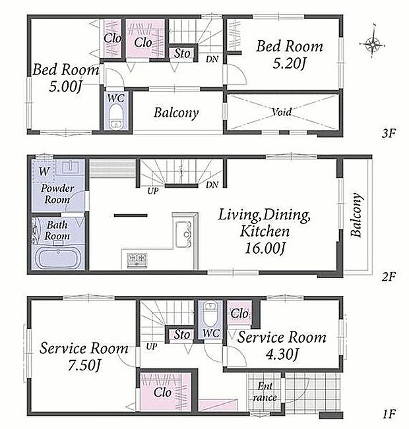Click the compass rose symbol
373,43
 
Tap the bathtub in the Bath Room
58,258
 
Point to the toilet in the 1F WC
210,314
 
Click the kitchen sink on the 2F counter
183,234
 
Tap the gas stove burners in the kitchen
137,260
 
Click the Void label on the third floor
282,111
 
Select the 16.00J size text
265,248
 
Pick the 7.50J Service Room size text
84,365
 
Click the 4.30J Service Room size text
282,355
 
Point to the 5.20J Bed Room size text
290,63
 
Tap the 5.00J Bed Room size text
65,86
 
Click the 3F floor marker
389,133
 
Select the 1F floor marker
389,414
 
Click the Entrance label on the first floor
265,392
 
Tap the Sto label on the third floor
182,53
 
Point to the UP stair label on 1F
152,347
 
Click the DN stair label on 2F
212,185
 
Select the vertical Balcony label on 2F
357,215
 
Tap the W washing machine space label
44,171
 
